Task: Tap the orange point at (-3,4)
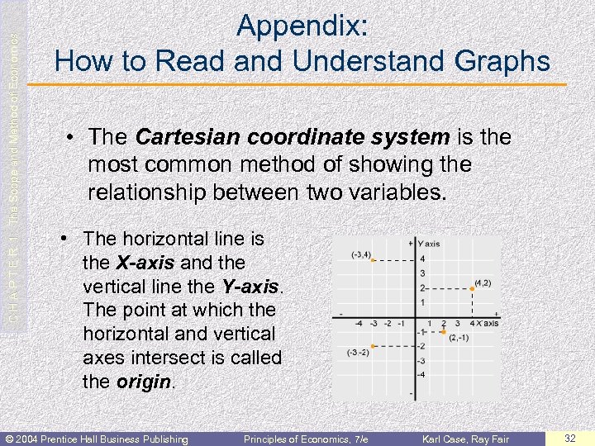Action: click(374, 260)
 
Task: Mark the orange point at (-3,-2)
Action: click(374, 346)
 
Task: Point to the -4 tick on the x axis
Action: click(360, 324)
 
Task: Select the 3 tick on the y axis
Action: click(422, 273)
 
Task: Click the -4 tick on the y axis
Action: click(421, 376)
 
